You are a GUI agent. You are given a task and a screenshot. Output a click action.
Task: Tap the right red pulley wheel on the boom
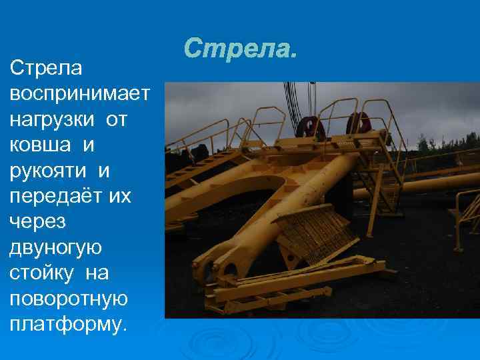(x=358, y=123)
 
